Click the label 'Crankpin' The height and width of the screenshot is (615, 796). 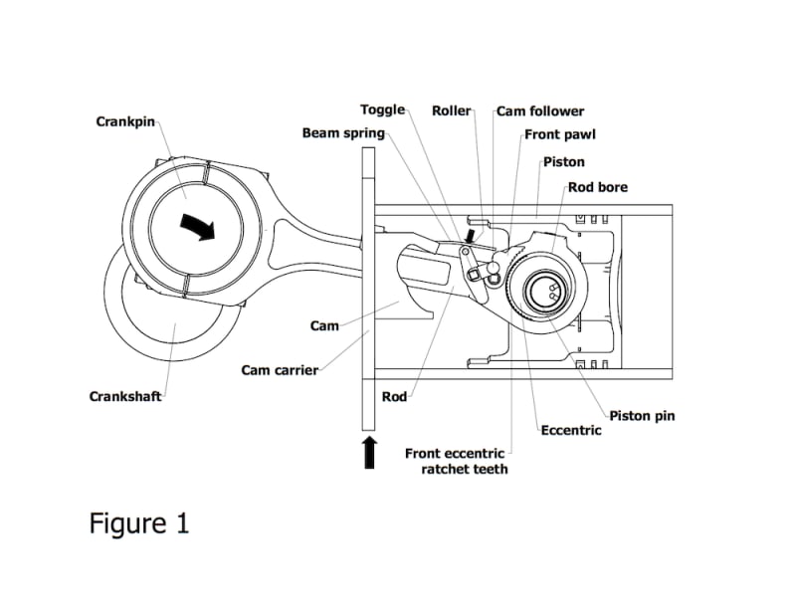point(126,121)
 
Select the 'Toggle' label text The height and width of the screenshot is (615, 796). point(382,110)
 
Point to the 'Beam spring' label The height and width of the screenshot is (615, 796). point(343,133)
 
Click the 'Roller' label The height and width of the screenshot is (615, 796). point(451,110)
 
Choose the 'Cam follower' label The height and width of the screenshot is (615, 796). point(540,111)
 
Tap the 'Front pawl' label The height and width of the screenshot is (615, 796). point(559,134)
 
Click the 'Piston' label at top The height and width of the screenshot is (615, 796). point(564,161)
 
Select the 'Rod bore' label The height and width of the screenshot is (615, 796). point(597,186)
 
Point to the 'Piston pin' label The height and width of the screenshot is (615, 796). point(642,415)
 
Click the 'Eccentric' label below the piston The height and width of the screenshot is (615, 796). point(570,431)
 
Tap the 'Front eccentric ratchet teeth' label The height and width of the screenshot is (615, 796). point(455,461)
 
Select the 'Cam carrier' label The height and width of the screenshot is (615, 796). point(280,370)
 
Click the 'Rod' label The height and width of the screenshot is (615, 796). point(394,396)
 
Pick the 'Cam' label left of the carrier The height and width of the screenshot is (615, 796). point(324,325)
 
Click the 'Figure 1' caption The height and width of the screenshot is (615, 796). point(139,522)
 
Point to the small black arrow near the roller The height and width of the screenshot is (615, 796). point(470,236)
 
